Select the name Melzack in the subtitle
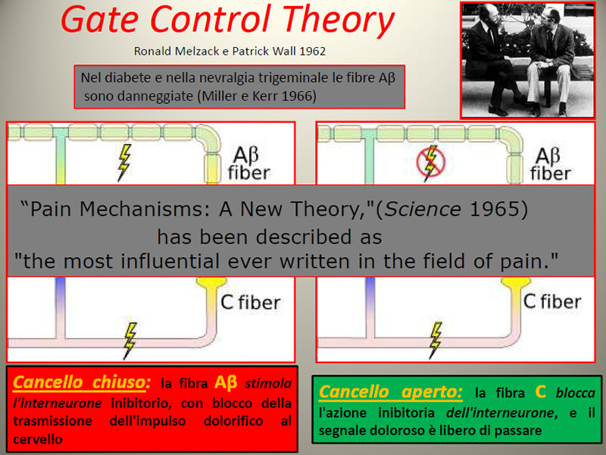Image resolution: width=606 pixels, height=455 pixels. [x=197, y=51]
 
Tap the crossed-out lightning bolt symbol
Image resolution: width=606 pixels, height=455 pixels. [x=431, y=162]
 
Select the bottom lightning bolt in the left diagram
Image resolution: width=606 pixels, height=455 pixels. [x=130, y=341]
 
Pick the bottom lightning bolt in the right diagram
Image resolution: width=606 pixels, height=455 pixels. [x=435, y=340]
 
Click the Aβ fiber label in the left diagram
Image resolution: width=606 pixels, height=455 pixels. [x=249, y=164]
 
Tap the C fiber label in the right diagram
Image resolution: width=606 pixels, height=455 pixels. [x=552, y=301]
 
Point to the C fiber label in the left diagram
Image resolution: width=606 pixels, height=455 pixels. [x=251, y=303]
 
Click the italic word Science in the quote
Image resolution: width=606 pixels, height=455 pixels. [x=423, y=209]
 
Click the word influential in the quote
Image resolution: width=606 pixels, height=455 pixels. [x=170, y=261]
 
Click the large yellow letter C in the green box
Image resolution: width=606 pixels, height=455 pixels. [x=541, y=391]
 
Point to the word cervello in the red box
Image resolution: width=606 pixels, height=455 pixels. [x=37, y=439]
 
